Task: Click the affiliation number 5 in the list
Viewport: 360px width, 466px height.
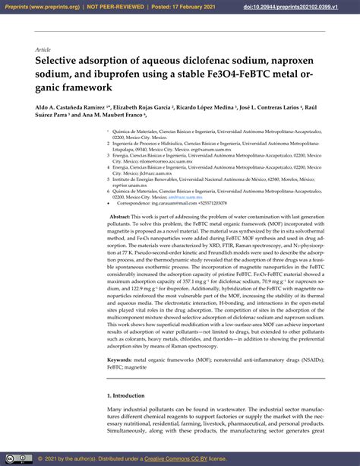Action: pos(109,178)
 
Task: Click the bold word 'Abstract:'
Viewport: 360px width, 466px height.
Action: pos(104,217)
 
